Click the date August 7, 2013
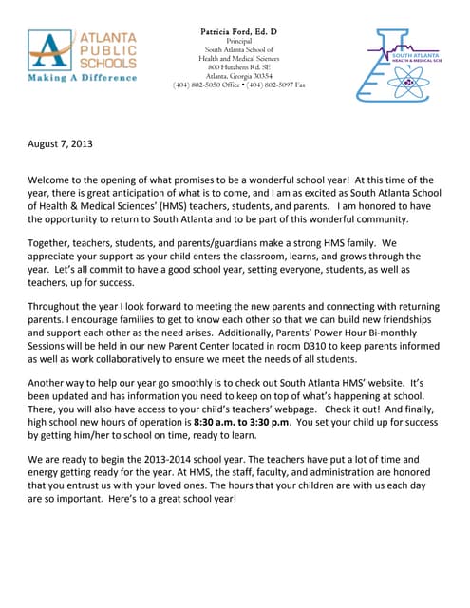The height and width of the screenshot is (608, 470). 60,144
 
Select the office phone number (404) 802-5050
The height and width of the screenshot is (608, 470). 202,85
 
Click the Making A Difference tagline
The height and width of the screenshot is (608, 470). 82,77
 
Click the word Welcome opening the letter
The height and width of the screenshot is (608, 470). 55,180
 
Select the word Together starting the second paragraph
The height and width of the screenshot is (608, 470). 58,242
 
